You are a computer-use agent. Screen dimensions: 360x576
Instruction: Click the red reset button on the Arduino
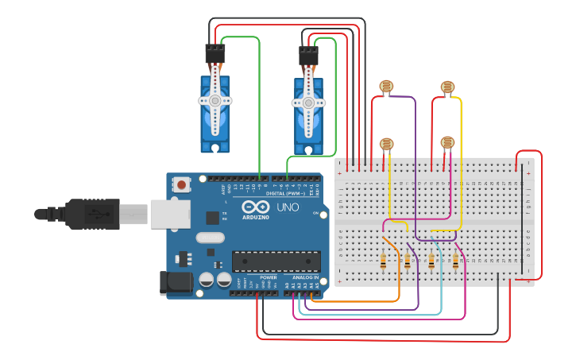tap(182, 185)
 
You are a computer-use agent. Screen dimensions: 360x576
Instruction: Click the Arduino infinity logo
tap(256, 207)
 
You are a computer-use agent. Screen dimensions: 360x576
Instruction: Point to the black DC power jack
tap(174, 283)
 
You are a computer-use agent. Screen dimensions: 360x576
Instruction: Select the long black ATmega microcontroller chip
tap(276, 261)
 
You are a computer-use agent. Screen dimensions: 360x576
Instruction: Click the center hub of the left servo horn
tap(215, 102)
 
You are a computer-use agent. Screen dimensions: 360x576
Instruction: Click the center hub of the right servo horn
tap(308, 103)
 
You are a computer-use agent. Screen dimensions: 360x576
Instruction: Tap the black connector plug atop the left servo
tap(215, 54)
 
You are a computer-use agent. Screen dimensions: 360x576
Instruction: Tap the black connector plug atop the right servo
tap(308, 56)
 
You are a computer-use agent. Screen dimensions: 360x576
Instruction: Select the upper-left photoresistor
tap(386, 86)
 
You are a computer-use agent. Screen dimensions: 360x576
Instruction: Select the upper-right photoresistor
tap(447, 87)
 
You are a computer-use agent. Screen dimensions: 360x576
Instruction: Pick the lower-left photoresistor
tap(386, 144)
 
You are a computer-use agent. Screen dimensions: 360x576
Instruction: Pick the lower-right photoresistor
tap(447, 143)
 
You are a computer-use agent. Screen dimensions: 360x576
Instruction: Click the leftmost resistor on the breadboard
tap(384, 261)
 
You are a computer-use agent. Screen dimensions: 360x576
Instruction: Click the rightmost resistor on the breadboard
tap(455, 261)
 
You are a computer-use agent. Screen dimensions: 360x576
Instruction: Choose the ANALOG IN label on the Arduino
tap(305, 277)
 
